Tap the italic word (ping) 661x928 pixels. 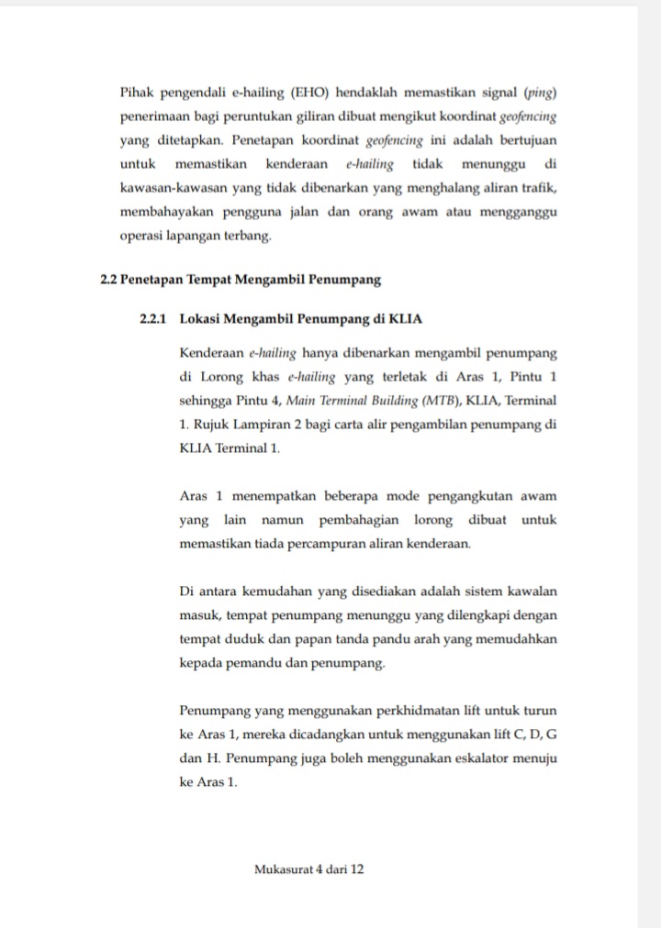point(540,94)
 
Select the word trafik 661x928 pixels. point(542,188)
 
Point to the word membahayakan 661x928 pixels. point(163,212)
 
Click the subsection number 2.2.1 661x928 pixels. point(153,319)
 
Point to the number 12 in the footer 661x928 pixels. point(357,868)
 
